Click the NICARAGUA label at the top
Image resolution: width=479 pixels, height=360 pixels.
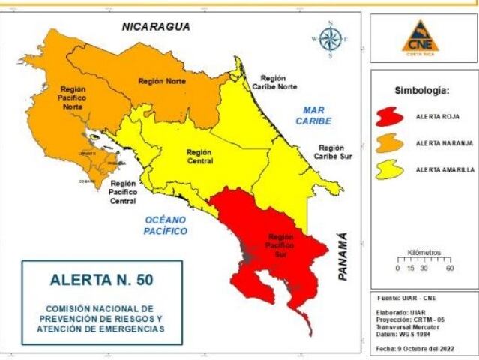tap(156, 27)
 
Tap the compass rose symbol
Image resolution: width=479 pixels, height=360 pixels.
tap(329, 38)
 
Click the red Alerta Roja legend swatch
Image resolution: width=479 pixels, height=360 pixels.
tap(391, 117)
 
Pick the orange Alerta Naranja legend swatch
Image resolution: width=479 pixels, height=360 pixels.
tap(391, 143)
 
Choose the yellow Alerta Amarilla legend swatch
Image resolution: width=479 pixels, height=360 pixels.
tap(391, 170)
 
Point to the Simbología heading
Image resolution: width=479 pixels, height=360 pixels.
tap(422, 90)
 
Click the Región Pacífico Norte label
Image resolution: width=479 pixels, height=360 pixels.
tap(73, 97)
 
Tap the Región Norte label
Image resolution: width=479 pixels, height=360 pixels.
tap(160, 81)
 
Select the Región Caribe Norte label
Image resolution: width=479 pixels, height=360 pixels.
tap(278, 82)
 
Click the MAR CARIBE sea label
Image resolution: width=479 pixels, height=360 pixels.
tap(313, 115)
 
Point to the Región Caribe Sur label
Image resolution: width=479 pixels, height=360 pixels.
tap(331, 152)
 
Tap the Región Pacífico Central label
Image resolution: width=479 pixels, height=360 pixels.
tap(123, 192)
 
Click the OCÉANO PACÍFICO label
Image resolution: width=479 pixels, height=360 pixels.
tap(165, 226)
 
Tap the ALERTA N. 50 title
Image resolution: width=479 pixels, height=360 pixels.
tap(101, 281)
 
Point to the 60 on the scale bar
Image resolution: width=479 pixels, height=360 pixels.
tap(449, 268)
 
